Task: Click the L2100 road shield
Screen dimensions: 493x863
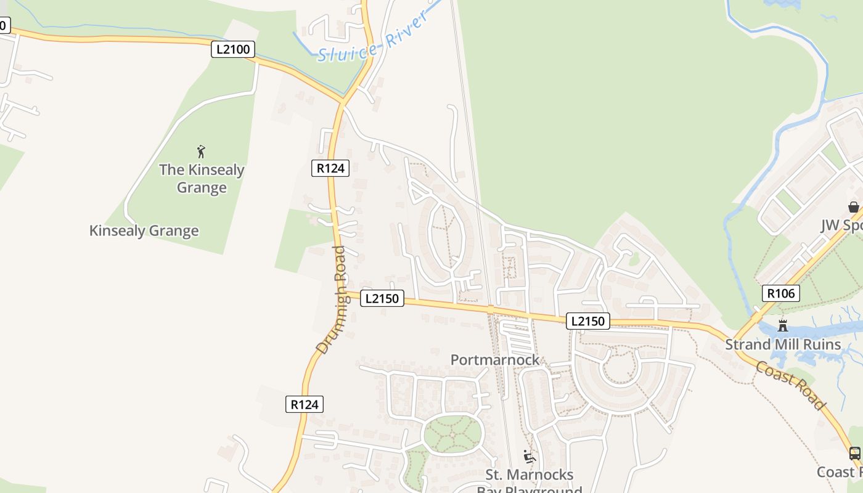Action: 232,49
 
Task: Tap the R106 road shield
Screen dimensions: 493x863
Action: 780,293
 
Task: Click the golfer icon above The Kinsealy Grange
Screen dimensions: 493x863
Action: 201,151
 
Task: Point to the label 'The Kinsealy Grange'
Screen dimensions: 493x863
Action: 202,178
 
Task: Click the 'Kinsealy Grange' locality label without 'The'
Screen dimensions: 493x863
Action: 144,231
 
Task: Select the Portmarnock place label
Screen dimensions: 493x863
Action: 494,360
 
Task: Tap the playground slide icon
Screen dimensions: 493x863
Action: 529,457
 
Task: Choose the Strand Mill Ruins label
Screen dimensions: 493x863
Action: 783,344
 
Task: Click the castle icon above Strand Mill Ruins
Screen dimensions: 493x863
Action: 783,326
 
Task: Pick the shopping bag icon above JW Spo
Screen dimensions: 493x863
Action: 853,207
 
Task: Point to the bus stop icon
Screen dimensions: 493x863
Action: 854,454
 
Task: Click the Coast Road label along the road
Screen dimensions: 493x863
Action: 790,386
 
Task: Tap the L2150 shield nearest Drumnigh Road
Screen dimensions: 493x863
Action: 382,298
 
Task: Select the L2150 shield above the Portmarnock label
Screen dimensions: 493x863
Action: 587,321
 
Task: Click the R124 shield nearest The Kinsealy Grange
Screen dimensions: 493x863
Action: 330,168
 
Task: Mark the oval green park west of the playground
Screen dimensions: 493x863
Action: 453,434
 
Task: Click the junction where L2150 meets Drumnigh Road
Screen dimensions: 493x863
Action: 343,293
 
